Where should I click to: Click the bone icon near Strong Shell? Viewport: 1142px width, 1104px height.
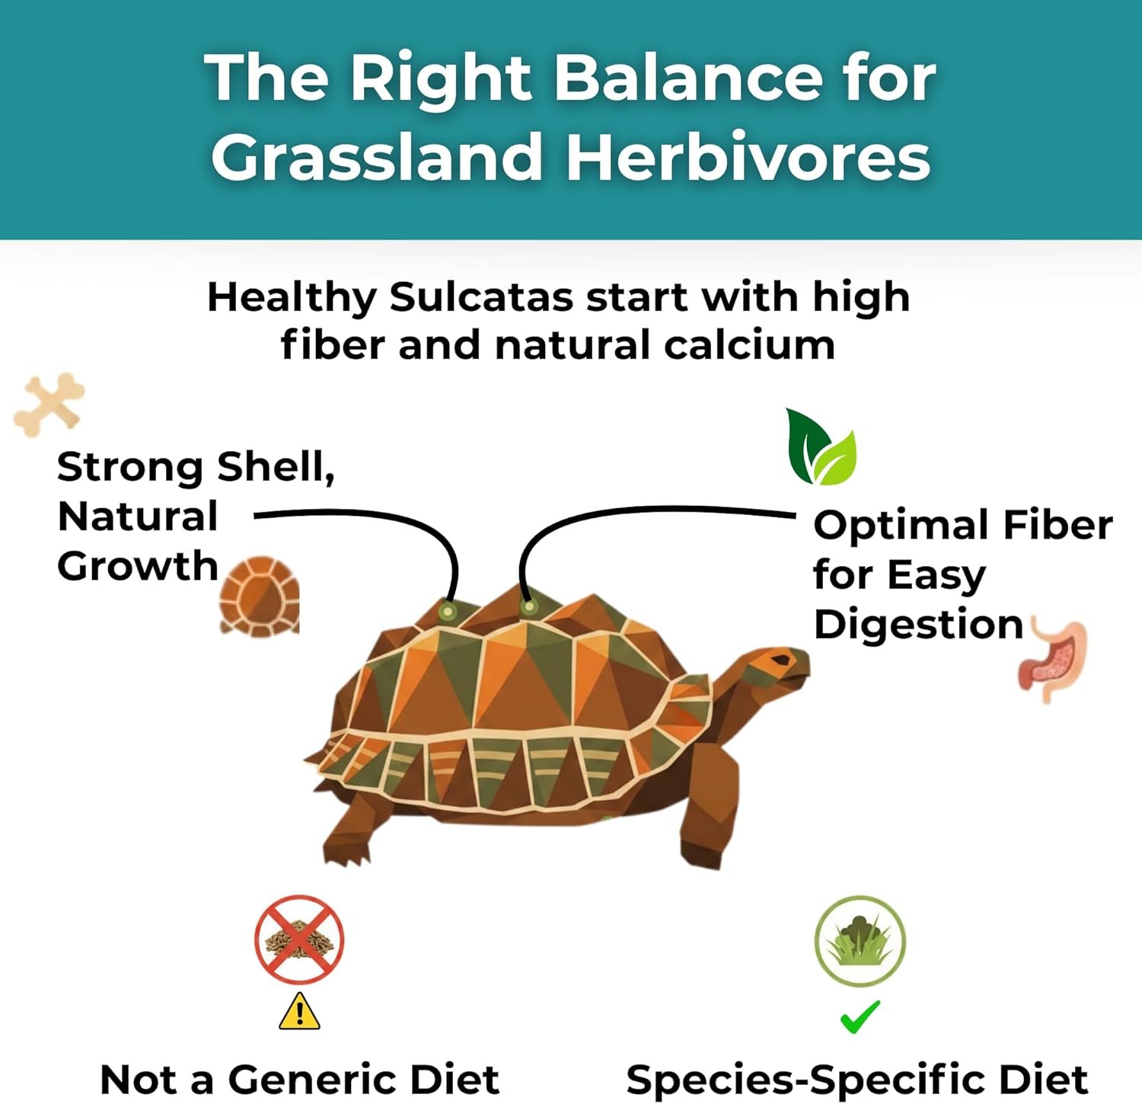click(x=49, y=405)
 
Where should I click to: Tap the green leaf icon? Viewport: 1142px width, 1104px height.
click(x=821, y=447)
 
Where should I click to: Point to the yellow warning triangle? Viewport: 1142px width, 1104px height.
click(x=299, y=1011)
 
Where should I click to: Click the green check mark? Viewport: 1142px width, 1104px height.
click(x=860, y=1017)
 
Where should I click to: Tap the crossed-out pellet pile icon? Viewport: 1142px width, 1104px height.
click(x=299, y=940)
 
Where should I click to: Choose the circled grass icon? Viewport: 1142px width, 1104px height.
click(x=860, y=942)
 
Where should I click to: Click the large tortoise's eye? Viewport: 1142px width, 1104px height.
click(x=780, y=659)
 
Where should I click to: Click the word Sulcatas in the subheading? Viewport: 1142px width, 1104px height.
click(x=481, y=297)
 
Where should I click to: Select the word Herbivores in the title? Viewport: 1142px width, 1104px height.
click(x=748, y=156)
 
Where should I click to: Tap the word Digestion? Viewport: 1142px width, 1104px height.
click(x=918, y=626)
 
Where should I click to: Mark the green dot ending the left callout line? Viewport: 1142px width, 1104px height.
click(x=448, y=611)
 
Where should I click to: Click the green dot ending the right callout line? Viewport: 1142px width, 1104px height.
click(x=528, y=607)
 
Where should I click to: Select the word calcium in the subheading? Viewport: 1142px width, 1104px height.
click(x=749, y=345)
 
